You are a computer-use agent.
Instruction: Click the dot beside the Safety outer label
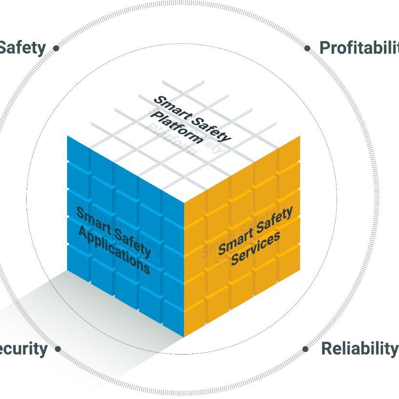pos(56,48)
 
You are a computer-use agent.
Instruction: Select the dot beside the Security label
pos(58,348)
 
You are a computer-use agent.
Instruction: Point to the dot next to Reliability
pos(306,348)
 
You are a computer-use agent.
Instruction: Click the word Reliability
pos(359,348)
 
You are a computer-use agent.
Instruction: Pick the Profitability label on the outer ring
pos(359,47)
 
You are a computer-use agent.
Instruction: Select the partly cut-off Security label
pos(23,348)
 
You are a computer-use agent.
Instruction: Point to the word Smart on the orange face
pos(235,239)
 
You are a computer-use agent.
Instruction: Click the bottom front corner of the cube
pos(184,337)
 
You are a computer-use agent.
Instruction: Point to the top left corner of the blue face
pos(67,136)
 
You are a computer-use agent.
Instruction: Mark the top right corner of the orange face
pos(300,136)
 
